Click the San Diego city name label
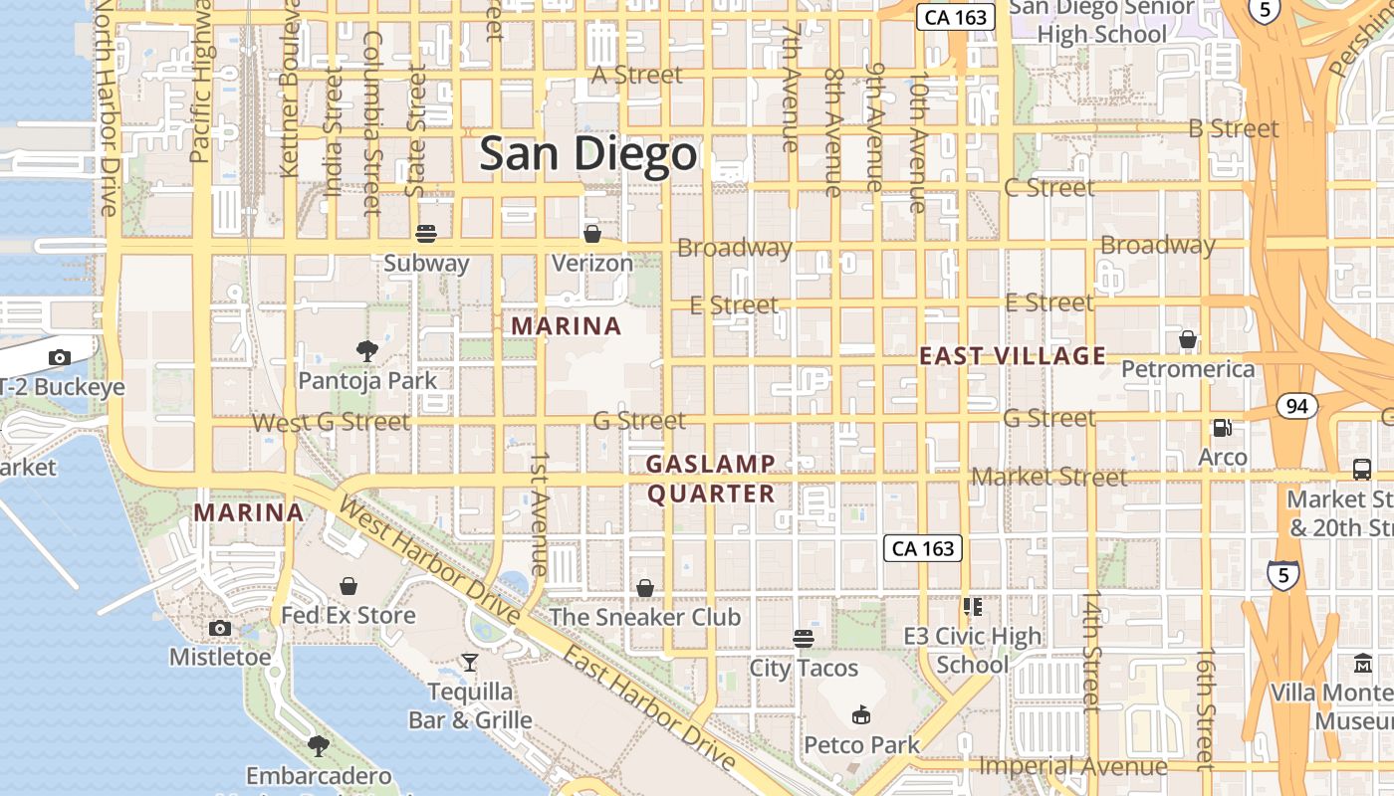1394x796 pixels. tap(587, 155)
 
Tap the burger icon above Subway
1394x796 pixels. tap(426, 235)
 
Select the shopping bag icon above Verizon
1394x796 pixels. tap(592, 234)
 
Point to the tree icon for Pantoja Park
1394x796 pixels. tap(367, 350)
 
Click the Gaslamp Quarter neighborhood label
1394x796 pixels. tap(710, 479)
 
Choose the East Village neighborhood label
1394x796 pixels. tap(1013, 356)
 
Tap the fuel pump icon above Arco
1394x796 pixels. tap(1222, 428)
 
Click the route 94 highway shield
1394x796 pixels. tap(1295, 406)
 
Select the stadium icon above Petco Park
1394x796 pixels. tap(861, 714)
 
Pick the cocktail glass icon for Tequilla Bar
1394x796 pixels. tap(469, 662)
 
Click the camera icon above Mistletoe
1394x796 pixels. tap(220, 628)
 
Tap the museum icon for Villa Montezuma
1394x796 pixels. tap(1362, 663)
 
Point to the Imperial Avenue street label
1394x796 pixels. tap(1073, 766)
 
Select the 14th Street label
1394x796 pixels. tap(1092, 652)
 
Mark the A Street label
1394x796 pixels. tap(637, 76)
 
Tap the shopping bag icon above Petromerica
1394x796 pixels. tap(1187, 340)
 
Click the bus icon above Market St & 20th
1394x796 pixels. tap(1361, 469)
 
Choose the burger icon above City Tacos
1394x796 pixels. tap(804, 638)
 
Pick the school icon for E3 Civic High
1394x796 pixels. tap(973, 606)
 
